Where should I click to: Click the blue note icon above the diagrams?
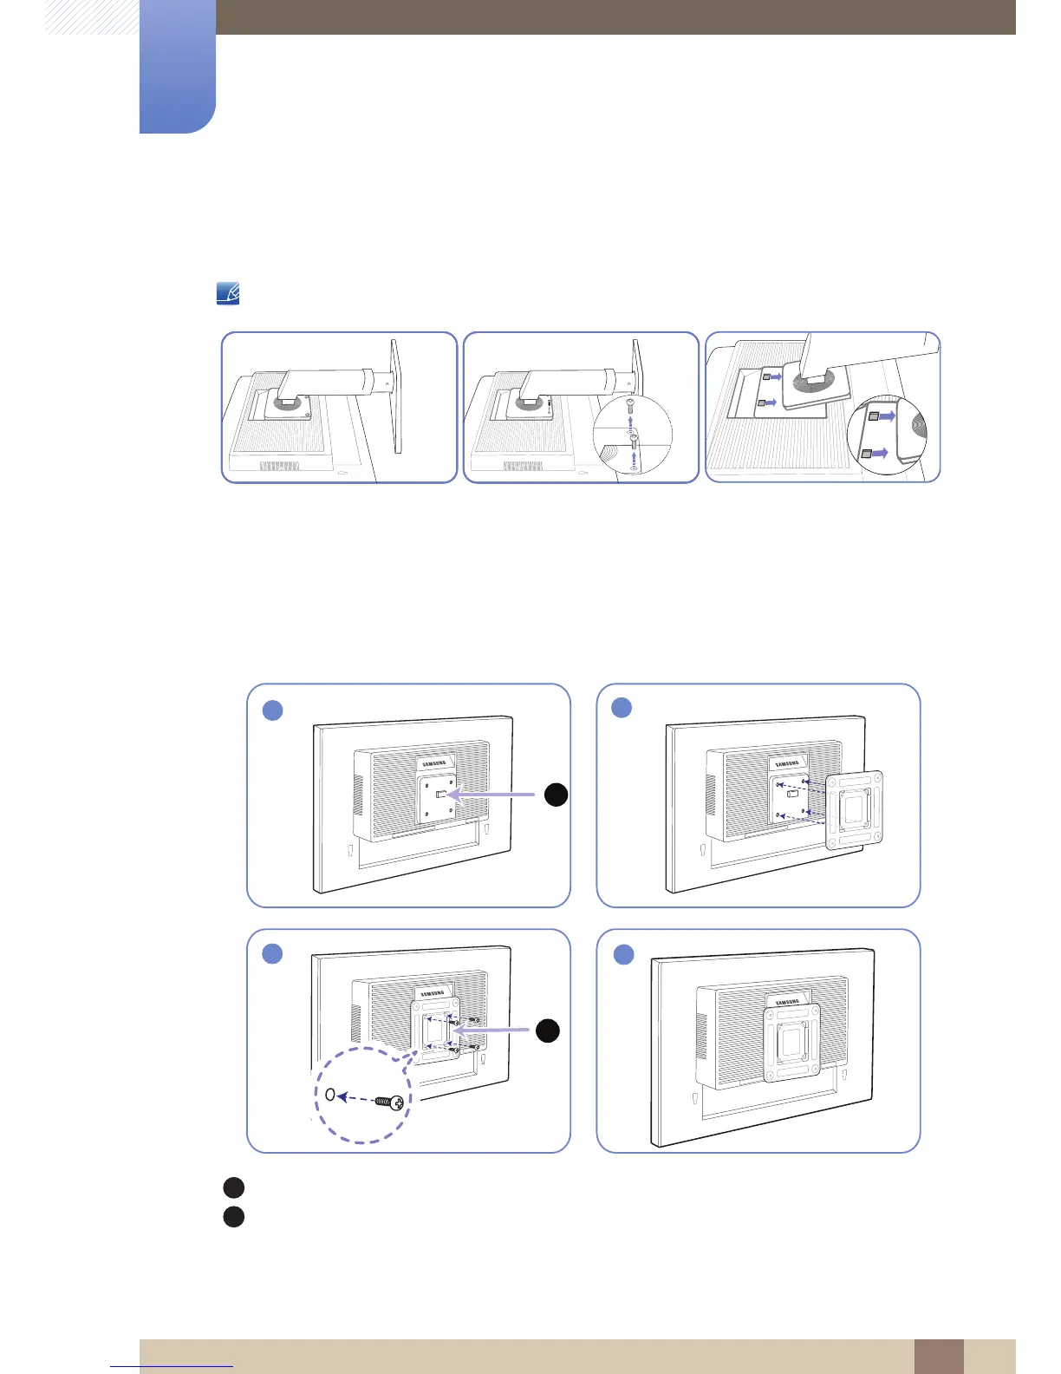click(227, 294)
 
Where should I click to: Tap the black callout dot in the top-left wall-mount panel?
click(556, 795)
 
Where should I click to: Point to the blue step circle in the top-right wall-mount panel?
click(622, 707)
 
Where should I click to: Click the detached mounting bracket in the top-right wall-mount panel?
click(856, 810)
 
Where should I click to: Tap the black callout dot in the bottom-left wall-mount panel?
click(547, 1030)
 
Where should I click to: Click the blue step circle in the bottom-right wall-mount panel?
click(624, 955)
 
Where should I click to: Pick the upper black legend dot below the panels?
click(233, 1188)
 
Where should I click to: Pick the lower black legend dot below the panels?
click(233, 1217)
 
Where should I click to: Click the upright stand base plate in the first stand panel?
click(396, 396)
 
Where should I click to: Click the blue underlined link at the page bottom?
click(172, 1366)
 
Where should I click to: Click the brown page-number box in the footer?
click(938, 1356)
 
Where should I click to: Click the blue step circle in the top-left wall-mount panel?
click(272, 710)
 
